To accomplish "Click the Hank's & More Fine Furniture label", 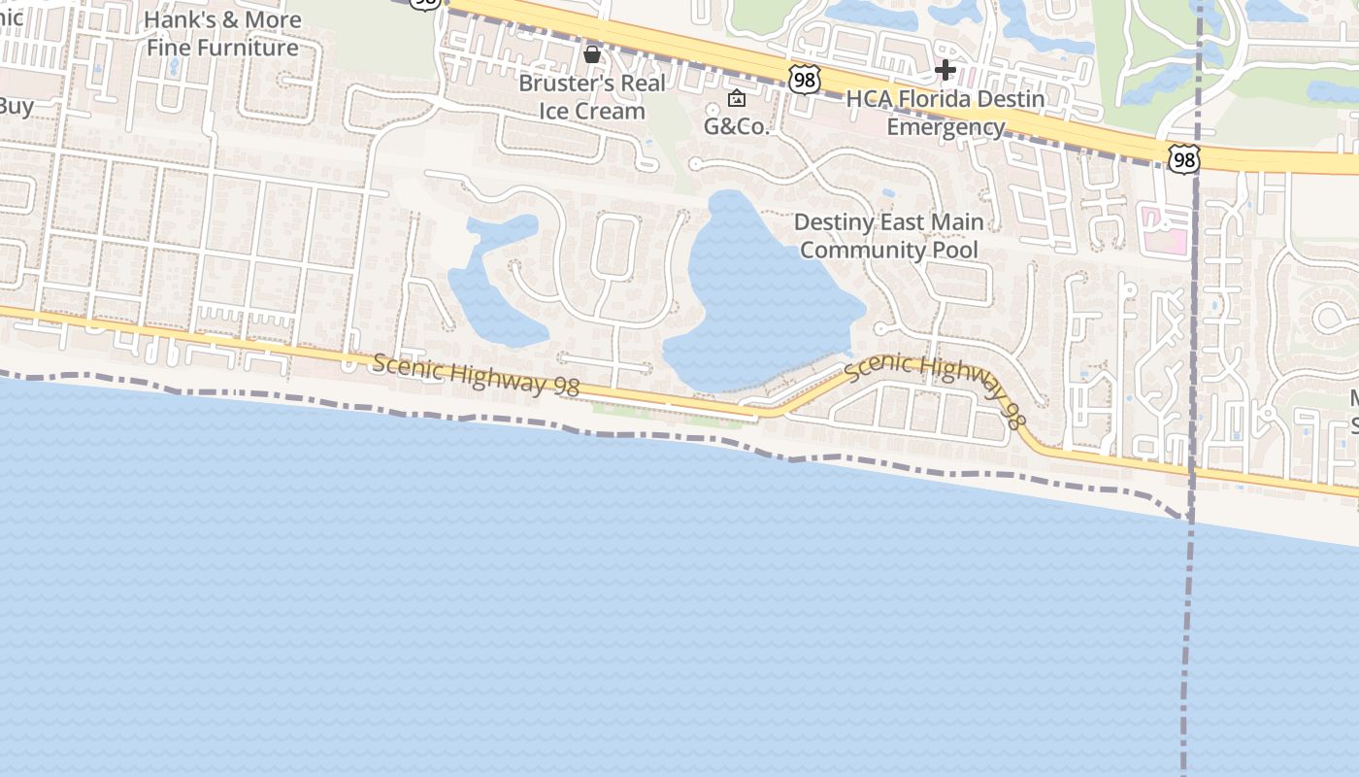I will pyautogui.click(x=222, y=34).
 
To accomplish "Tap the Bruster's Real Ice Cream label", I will pyautogui.click(x=592, y=97).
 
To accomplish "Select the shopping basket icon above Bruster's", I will pyautogui.click(x=592, y=53).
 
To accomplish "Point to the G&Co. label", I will pyautogui.click(x=736, y=126).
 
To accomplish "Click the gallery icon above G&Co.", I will pyautogui.click(x=737, y=98).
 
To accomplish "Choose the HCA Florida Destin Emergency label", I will pyautogui.click(x=945, y=113).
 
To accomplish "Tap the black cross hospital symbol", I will pyautogui.click(x=945, y=70).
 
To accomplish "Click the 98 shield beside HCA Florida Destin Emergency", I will pyautogui.click(x=804, y=80).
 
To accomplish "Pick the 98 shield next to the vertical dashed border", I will pyautogui.click(x=1183, y=159).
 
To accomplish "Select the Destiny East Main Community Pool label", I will pyautogui.click(x=888, y=236).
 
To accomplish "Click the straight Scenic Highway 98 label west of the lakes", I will pyautogui.click(x=476, y=375).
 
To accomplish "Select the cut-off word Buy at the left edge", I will pyautogui.click(x=17, y=106).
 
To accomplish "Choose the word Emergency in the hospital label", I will pyautogui.click(x=945, y=127).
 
